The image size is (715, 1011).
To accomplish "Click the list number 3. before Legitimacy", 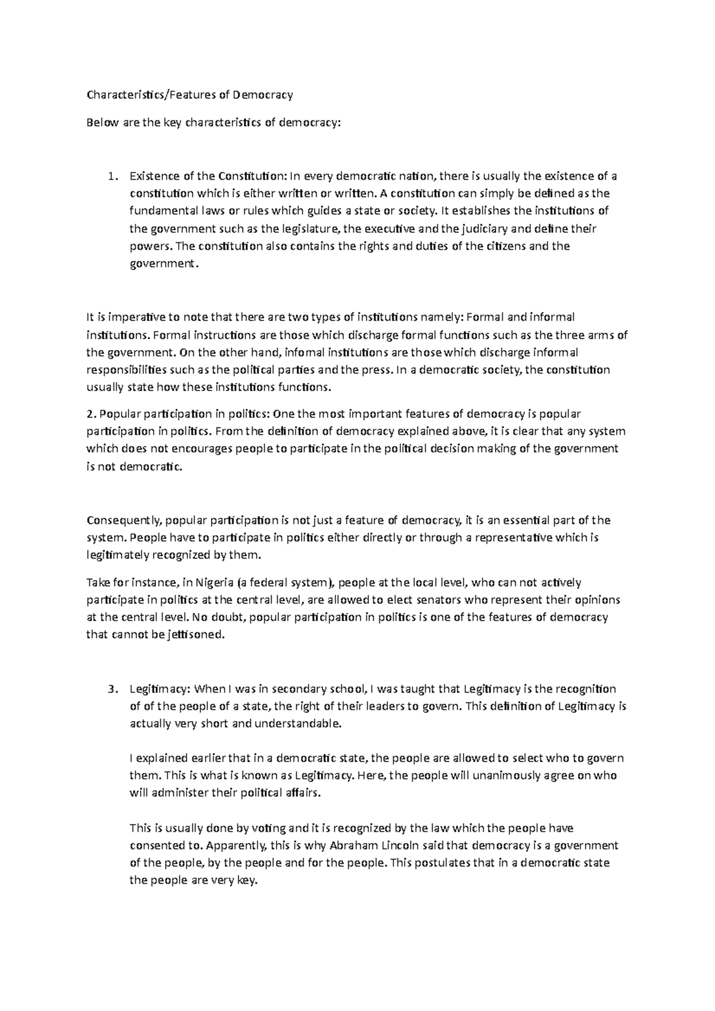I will (x=110, y=689).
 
